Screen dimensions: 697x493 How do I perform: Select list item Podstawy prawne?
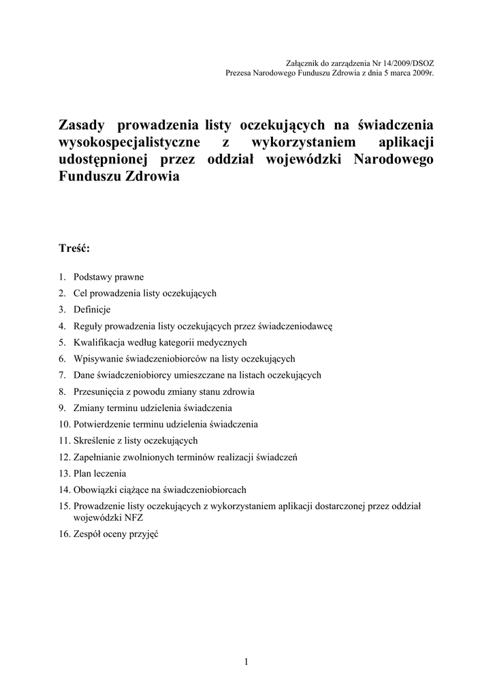(x=108, y=278)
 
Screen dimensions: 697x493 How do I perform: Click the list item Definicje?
(x=92, y=310)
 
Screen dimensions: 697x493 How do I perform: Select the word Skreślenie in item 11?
(x=93, y=440)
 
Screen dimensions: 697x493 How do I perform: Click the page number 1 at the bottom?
(x=246, y=660)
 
